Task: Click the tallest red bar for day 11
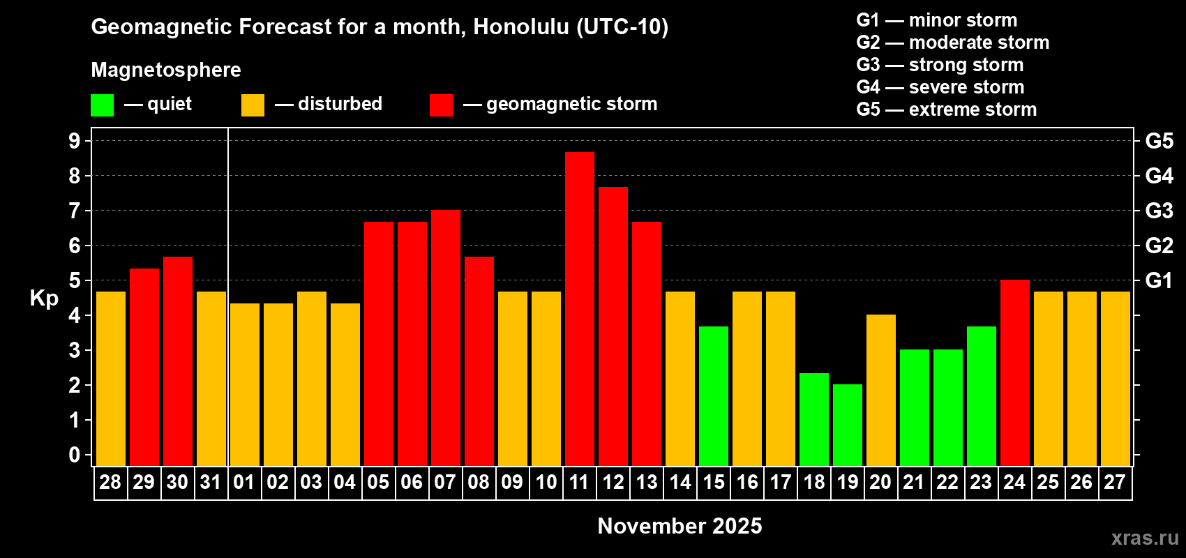[580, 309]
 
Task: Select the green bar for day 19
[848, 425]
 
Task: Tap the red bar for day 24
[1015, 372]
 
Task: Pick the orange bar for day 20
[881, 390]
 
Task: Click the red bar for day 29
[144, 368]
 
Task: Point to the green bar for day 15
[714, 397]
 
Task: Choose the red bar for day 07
[446, 338]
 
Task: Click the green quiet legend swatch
[102, 105]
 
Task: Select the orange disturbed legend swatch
[253, 105]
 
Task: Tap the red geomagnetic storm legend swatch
[442, 105]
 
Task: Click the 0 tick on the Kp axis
[75, 455]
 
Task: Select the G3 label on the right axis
[1159, 211]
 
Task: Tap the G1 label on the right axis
[1159, 280]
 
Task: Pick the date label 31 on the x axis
[211, 482]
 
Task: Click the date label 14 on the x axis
[680, 482]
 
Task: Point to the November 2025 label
[680, 526]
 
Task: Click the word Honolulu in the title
[521, 27]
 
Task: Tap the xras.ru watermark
[1145, 538]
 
